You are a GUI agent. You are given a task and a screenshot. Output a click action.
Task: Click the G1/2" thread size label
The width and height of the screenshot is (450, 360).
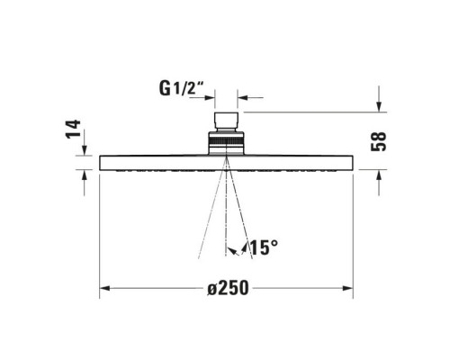184,88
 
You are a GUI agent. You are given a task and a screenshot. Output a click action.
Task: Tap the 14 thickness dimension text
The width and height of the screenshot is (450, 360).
75,130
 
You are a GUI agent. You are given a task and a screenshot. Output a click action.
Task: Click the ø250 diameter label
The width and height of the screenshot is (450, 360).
227,288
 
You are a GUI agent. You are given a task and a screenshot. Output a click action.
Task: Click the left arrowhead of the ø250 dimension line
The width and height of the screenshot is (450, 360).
104,288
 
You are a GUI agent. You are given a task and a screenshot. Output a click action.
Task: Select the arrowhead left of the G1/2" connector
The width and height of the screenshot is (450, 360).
206,98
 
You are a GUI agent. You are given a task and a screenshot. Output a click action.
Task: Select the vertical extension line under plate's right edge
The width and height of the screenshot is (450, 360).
353,234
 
